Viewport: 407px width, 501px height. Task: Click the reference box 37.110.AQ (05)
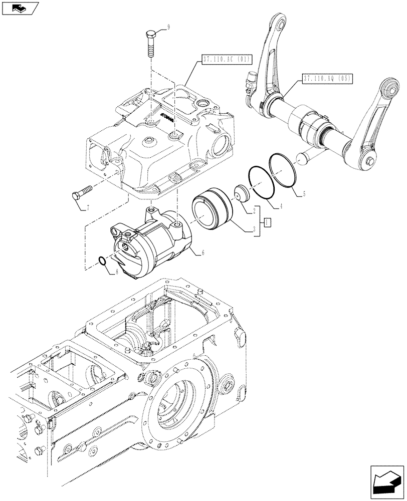[327, 78]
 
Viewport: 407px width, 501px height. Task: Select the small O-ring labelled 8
[102, 261]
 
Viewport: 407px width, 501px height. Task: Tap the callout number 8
[117, 271]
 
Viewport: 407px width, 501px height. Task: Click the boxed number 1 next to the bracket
[268, 221]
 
